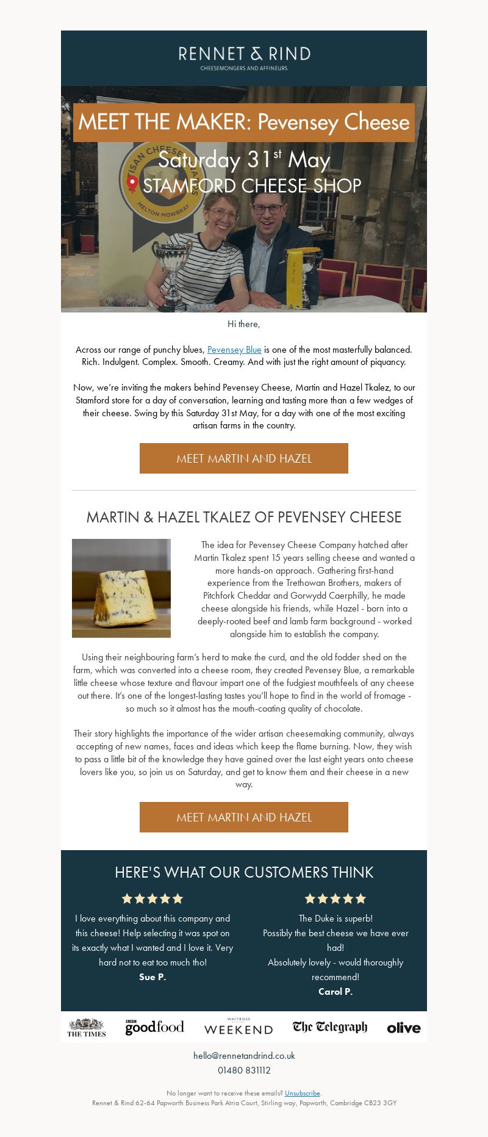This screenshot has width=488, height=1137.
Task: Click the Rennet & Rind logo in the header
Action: [x=244, y=57]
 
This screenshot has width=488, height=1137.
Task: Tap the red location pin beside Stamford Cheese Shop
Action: [x=132, y=184]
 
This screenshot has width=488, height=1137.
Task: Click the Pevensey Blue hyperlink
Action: [x=234, y=350]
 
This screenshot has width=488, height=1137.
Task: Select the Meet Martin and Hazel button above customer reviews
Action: [x=244, y=817]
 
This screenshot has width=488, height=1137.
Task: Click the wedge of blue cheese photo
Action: [x=121, y=588]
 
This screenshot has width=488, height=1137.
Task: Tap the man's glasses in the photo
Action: [x=267, y=209]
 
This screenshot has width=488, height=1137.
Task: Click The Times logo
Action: [x=87, y=1028]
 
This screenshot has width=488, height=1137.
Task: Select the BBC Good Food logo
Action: [x=154, y=1027]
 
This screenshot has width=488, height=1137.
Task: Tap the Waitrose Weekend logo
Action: [x=239, y=1027]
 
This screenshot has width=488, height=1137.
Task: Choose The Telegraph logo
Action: [x=330, y=1027]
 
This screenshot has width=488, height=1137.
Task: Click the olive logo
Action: [x=404, y=1028]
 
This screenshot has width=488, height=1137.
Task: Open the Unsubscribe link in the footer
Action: [x=302, y=1093]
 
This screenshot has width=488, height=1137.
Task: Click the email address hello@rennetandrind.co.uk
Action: [x=244, y=1056]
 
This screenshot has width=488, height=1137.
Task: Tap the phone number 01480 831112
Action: [x=244, y=1070]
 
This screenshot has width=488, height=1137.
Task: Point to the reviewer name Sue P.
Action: [x=152, y=977]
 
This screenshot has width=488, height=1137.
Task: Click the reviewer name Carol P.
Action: [x=335, y=992]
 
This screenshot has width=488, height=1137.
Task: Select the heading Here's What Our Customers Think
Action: [x=244, y=872]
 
